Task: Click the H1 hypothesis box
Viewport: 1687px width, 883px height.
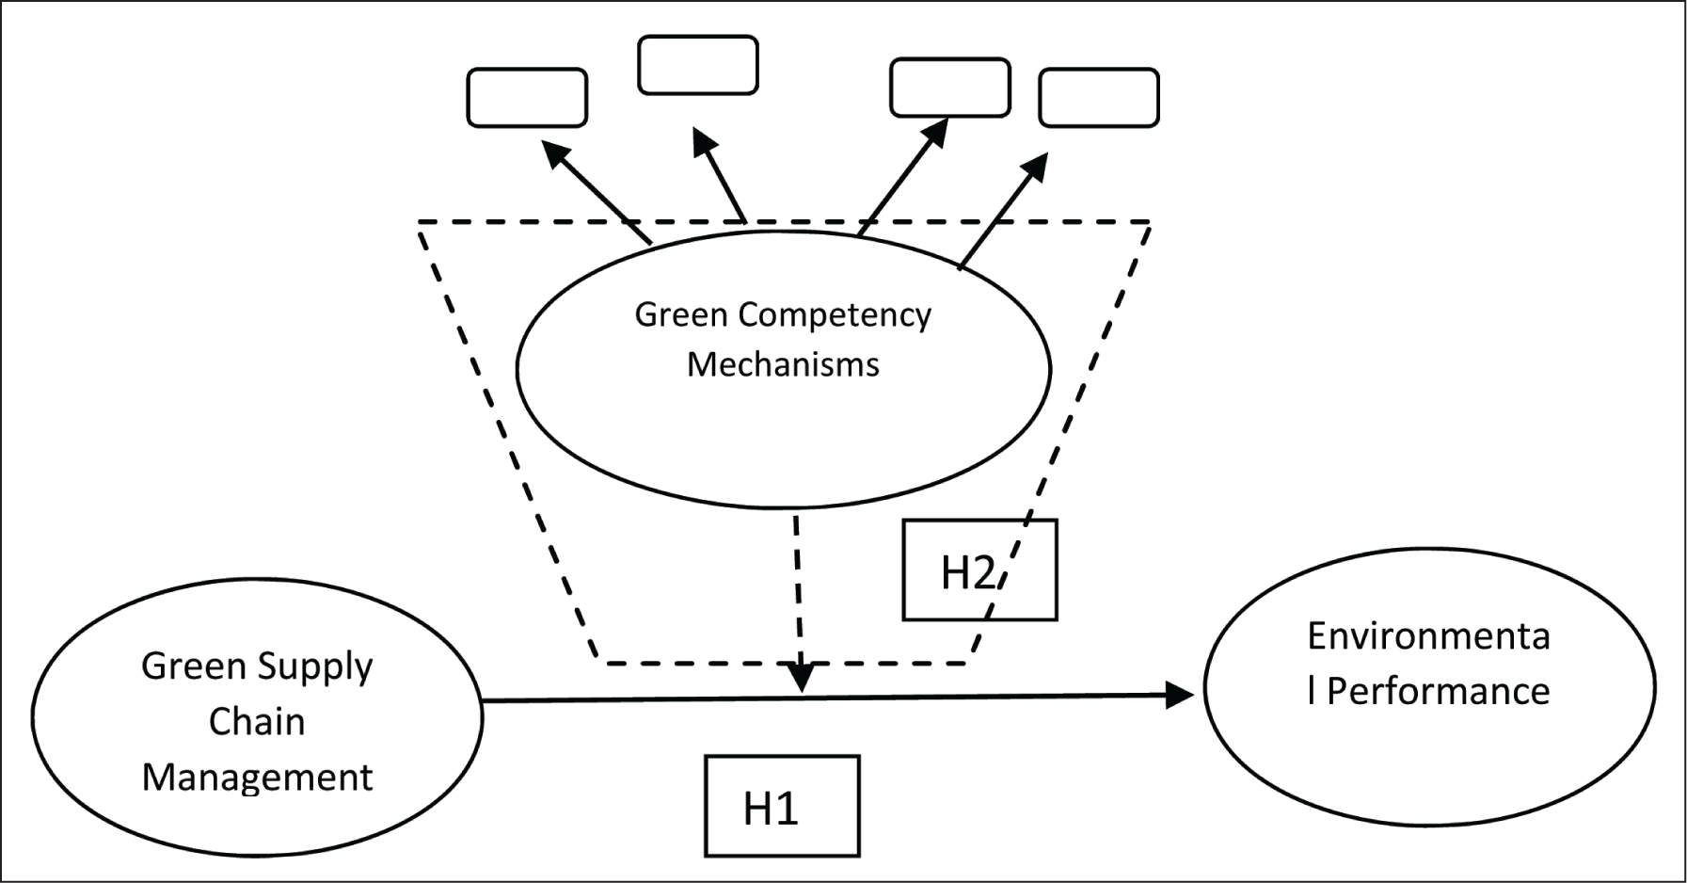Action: [782, 806]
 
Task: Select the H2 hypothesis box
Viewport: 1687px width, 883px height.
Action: [979, 570]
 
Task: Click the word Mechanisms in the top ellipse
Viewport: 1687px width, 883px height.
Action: [783, 364]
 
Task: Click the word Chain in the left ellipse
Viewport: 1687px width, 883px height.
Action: [257, 722]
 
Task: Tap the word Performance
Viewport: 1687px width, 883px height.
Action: [1438, 692]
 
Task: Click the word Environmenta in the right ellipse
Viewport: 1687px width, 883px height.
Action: [1428, 637]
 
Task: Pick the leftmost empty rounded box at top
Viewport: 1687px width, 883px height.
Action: [527, 97]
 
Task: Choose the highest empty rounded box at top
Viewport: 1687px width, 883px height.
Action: [697, 65]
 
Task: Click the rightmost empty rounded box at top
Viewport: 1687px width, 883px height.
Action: [1099, 97]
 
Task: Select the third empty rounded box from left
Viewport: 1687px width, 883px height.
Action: [950, 88]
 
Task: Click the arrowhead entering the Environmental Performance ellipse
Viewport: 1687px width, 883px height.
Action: [1180, 695]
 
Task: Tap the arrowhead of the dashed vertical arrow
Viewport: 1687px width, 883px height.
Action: [802, 678]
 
